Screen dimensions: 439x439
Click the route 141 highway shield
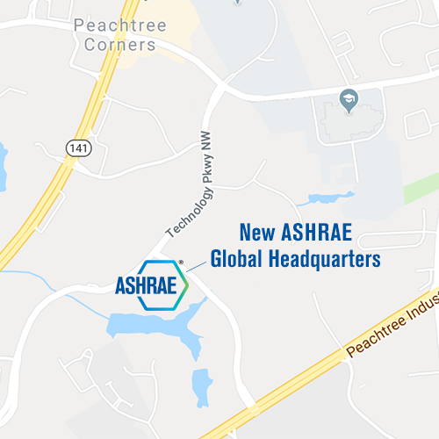click(71, 150)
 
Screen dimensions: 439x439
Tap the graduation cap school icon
click(348, 97)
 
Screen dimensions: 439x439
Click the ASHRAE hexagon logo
click(154, 284)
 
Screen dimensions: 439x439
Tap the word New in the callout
click(258, 234)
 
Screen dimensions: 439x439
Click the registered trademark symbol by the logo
click(181, 262)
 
